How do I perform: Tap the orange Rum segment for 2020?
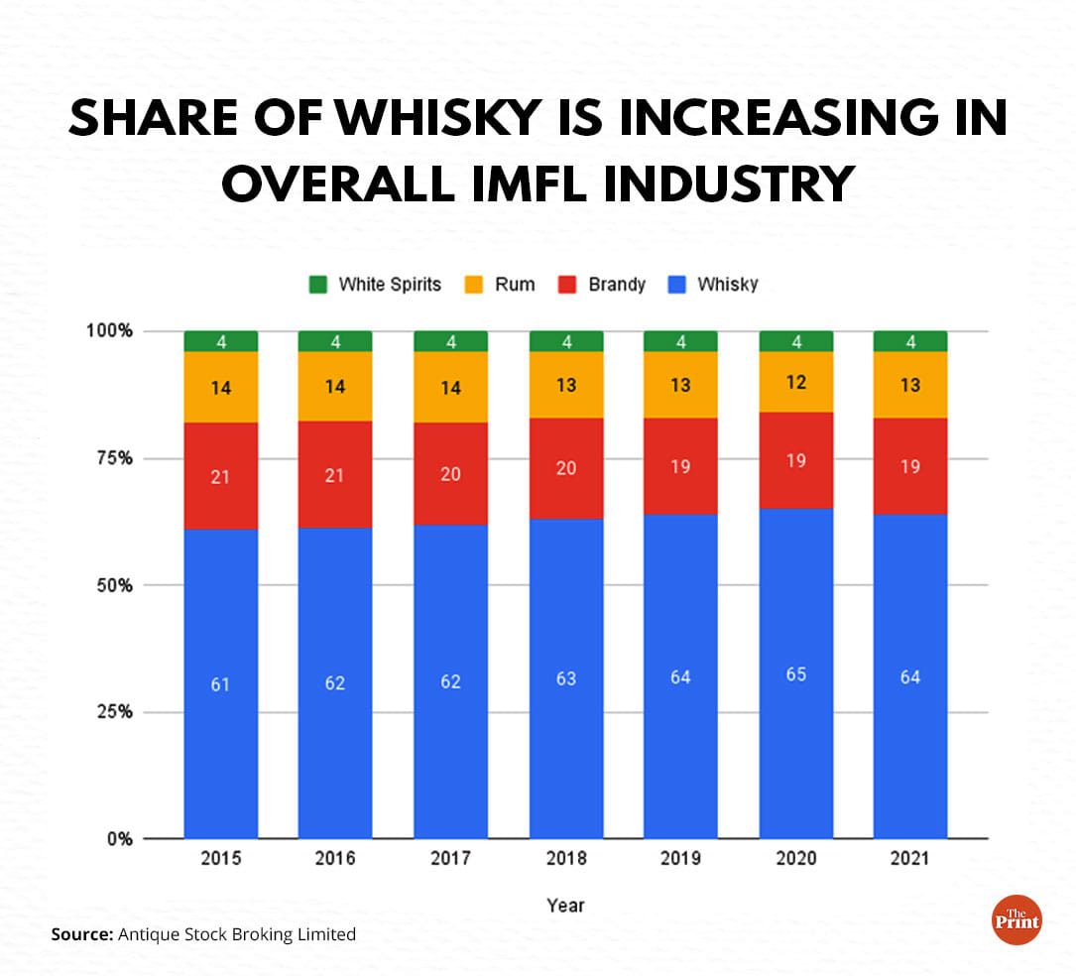click(x=795, y=382)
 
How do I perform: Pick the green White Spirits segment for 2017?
click(x=450, y=341)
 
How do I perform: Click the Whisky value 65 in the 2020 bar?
click(x=795, y=674)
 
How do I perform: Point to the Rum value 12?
click(x=795, y=382)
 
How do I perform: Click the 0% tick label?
click(x=119, y=839)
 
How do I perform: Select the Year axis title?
click(x=565, y=906)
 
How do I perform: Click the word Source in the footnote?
click(x=81, y=933)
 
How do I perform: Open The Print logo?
click(x=1016, y=919)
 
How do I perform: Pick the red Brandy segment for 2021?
click(x=910, y=466)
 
